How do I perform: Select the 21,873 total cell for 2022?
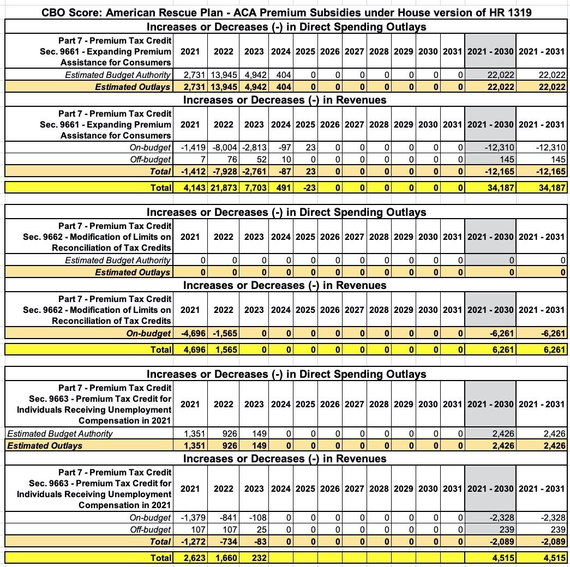tap(223, 188)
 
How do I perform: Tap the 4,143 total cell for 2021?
tap(190, 188)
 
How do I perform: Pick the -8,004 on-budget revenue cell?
tap(223, 147)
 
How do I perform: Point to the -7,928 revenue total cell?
tap(223, 171)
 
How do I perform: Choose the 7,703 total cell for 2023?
tap(254, 188)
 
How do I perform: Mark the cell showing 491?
tap(281, 188)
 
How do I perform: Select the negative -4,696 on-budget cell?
tap(190, 333)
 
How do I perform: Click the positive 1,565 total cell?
tap(223, 349)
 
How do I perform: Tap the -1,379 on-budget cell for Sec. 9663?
tap(190, 517)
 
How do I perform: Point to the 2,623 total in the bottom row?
tap(190, 558)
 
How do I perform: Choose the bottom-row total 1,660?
tap(223, 558)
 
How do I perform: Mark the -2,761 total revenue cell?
tap(254, 171)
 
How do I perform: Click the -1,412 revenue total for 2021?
tap(190, 171)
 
